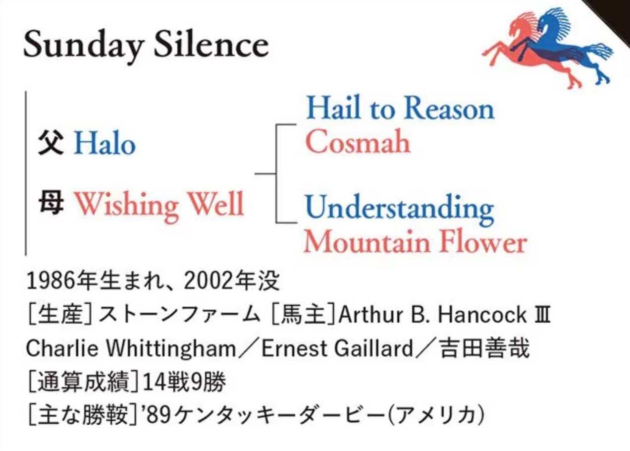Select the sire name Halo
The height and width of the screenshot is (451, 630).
pyautogui.click(x=105, y=144)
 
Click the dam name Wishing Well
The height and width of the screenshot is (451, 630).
pyautogui.click(x=159, y=206)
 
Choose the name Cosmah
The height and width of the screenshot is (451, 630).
pyautogui.click(x=358, y=141)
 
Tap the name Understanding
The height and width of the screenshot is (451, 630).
pyautogui.click(x=400, y=210)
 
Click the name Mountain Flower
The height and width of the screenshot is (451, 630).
pyautogui.click(x=416, y=242)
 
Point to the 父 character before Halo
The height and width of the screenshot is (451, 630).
pyautogui.click(x=51, y=144)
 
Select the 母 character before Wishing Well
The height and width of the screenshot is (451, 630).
pyautogui.click(x=51, y=203)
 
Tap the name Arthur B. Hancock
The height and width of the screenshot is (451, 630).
pyautogui.click(x=432, y=315)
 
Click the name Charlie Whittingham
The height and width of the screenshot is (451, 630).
pyautogui.click(x=131, y=349)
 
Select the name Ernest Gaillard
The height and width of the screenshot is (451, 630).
pyautogui.click(x=337, y=349)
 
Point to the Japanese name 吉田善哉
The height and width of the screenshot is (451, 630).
pyautogui.click(x=484, y=348)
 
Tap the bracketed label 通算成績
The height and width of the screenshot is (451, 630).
pyautogui.click(x=84, y=382)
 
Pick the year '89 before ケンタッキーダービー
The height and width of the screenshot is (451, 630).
pyautogui.click(x=158, y=415)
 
